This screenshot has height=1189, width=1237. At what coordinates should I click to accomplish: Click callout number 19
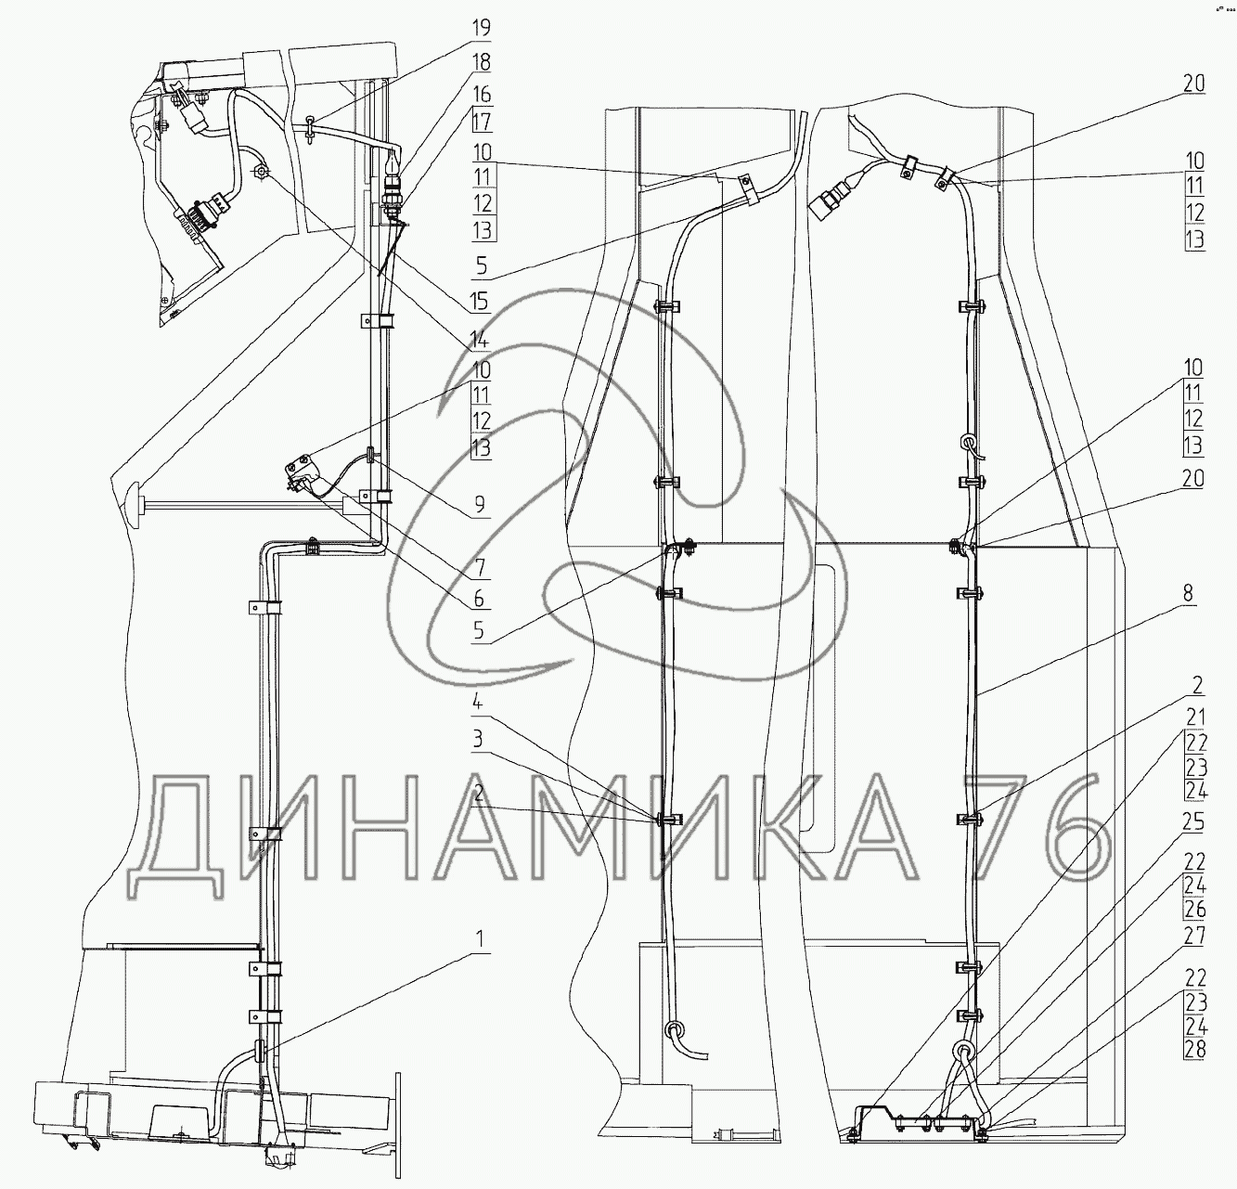click(482, 28)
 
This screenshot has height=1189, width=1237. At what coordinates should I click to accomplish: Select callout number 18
click(482, 62)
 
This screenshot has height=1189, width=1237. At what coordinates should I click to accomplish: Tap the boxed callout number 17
click(483, 121)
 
